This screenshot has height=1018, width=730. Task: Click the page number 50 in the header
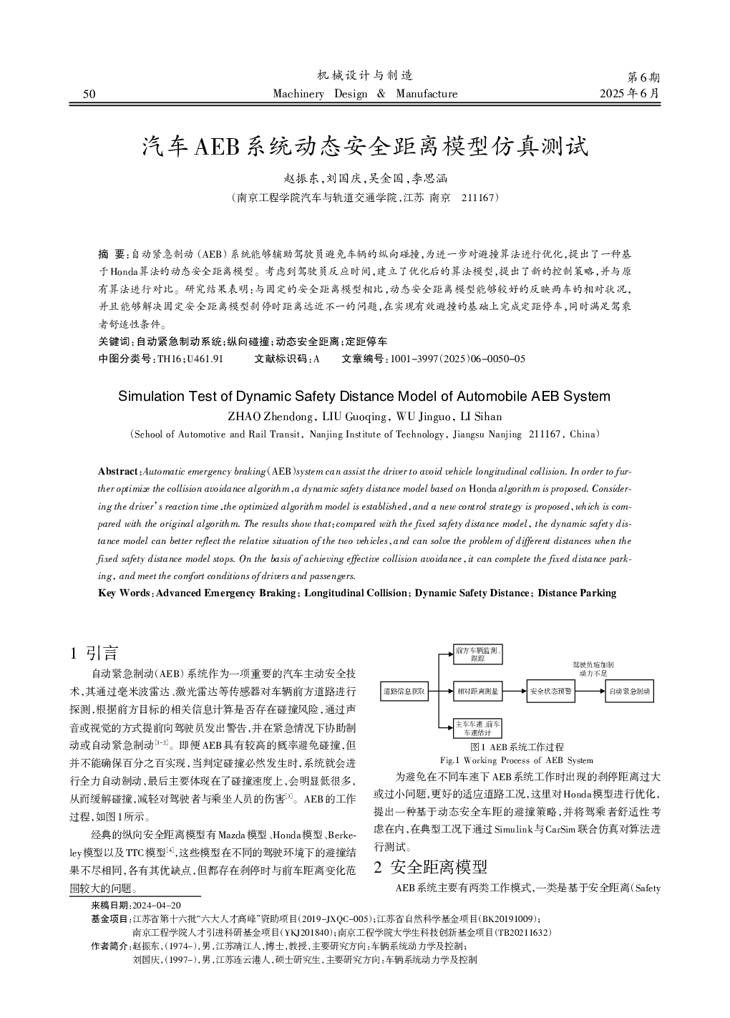tap(89, 94)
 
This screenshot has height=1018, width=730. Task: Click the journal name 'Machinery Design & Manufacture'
tap(365, 94)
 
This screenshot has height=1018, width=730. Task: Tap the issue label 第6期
tap(643, 77)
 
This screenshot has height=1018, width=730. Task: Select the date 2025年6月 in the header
tap(630, 94)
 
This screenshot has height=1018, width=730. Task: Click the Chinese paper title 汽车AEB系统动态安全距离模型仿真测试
tap(365, 147)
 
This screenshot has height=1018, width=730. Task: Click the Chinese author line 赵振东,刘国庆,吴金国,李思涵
tap(365, 179)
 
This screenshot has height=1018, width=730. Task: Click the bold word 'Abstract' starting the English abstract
tap(117, 471)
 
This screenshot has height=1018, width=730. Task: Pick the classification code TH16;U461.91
tap(190, 359)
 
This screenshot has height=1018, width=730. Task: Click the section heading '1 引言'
tap(94, 652)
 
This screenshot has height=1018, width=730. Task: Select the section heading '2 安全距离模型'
tap(430, 867)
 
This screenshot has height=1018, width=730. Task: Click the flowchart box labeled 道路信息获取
tap(404, 692)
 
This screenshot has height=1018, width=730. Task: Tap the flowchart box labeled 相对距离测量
tap(478, 692)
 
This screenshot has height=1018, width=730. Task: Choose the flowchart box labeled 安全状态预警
tap(550, 692)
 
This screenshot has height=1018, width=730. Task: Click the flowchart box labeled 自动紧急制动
tap(629, 692)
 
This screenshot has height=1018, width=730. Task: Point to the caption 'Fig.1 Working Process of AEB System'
tap(516, 760)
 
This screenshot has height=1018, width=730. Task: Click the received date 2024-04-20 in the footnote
tap(157, 905)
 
